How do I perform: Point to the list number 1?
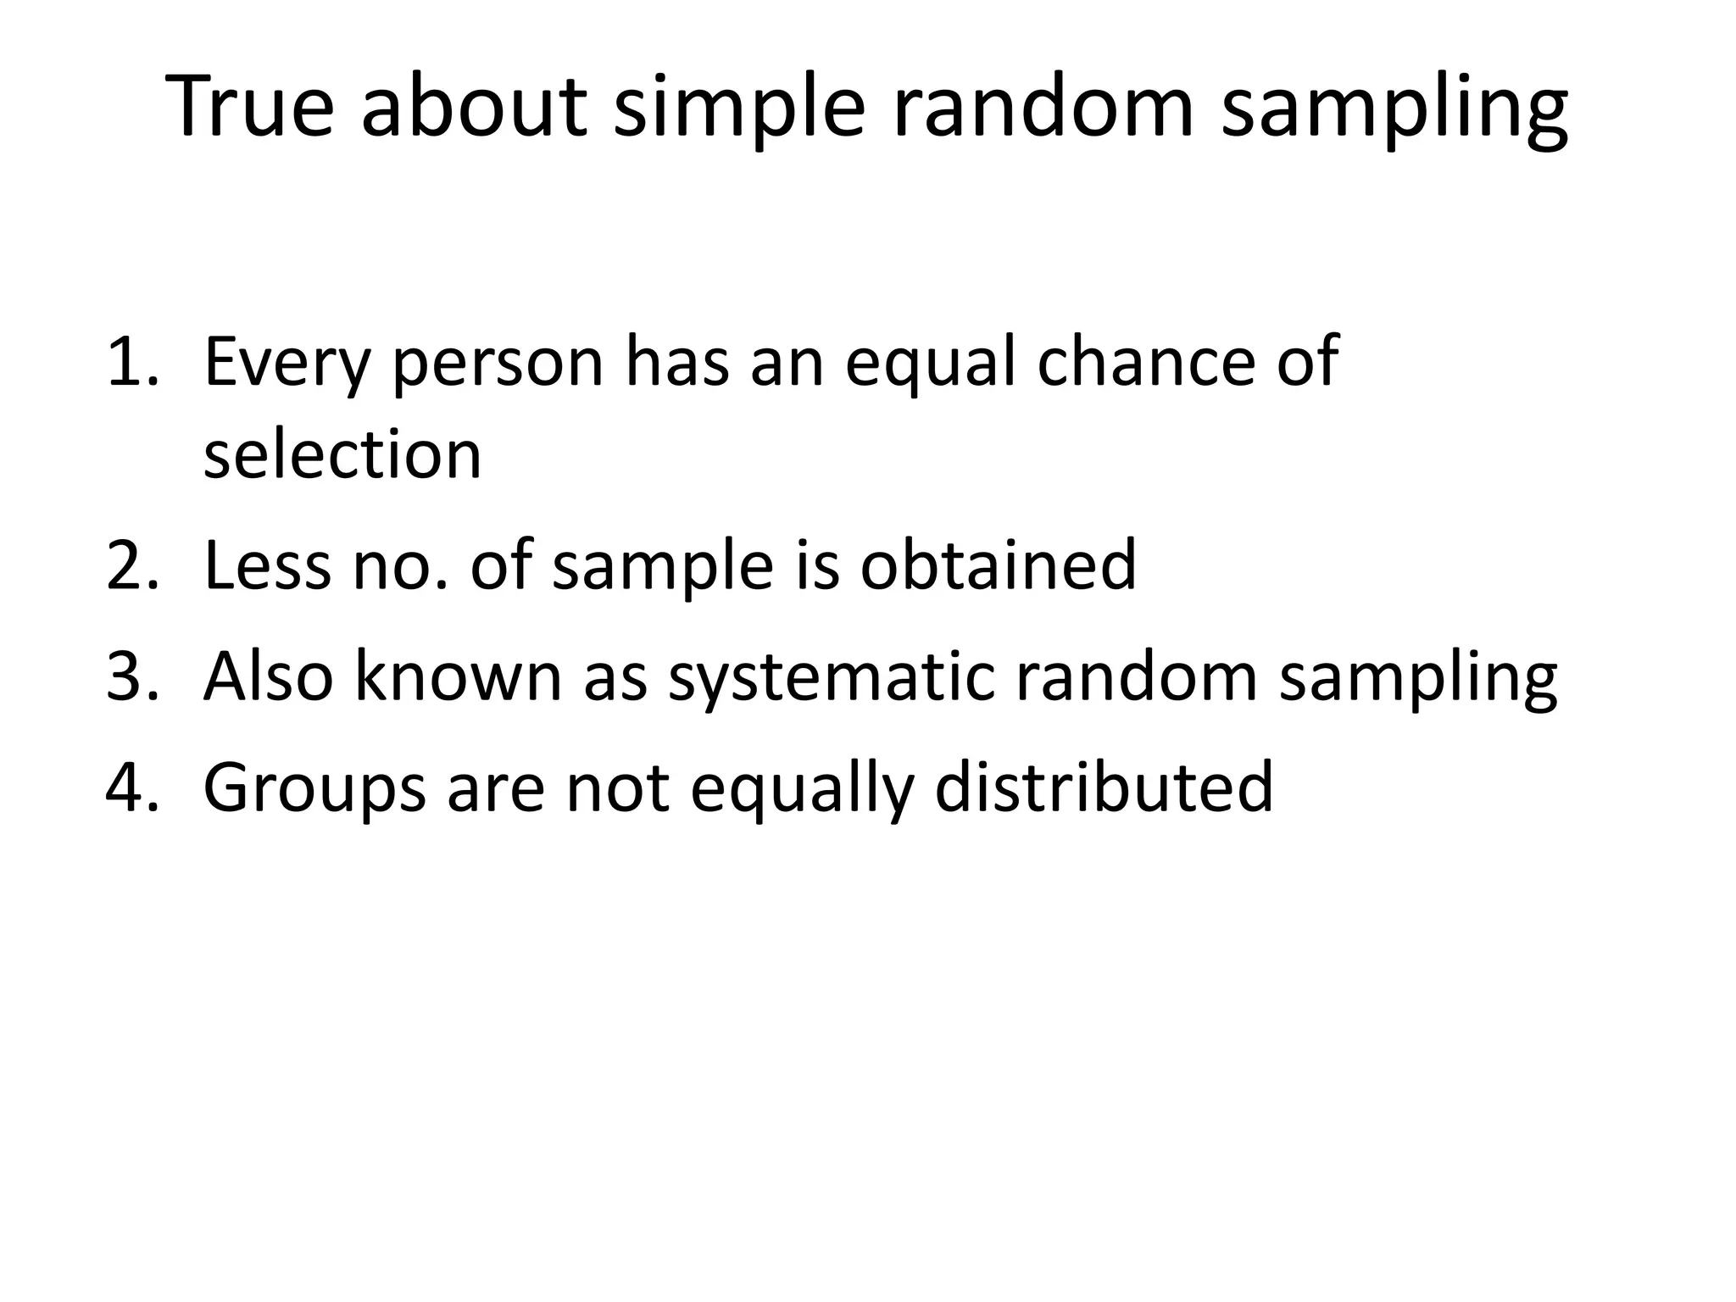click(x=131, y=362)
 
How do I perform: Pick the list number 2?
click(x=132, y=565)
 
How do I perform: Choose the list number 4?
click(x=132, y=787)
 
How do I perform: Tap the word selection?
click(x=342, y=454)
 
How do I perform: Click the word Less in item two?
click(x=267, y=565)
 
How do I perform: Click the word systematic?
click(x=831, y=678)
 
